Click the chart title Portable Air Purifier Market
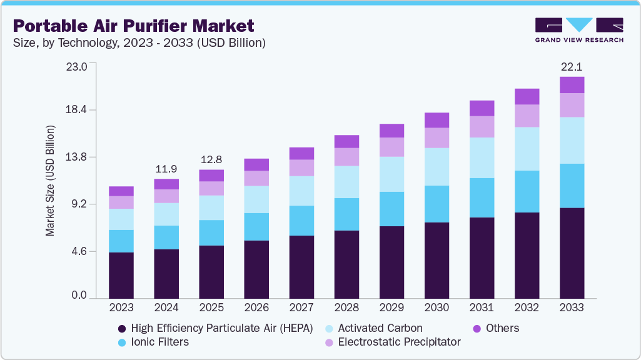(134, 26)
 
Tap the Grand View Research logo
(578, 29)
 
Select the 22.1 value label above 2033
(572, 67)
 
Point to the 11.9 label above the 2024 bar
(166, 169)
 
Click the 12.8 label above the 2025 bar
(211, 159)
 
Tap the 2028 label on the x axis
(346, 307)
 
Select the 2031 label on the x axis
(482, 307)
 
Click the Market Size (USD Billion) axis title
(49, 181)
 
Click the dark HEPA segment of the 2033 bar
(572, 253)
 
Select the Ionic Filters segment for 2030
(437, 204)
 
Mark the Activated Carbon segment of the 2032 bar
(527, 149)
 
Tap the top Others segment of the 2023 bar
(121, 191)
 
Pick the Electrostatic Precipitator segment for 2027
(301, 167)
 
